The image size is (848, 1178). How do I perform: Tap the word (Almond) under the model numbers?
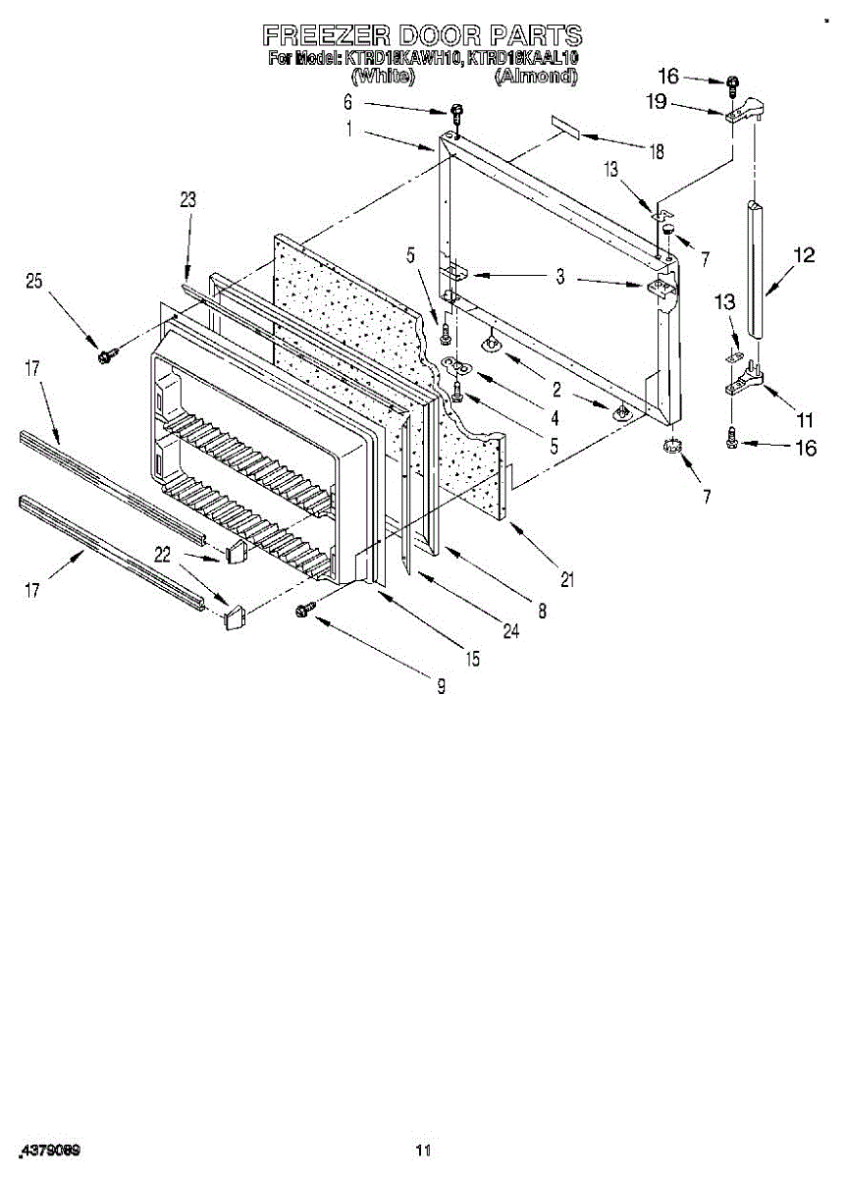(536, 75)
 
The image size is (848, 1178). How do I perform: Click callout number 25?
(34, 282)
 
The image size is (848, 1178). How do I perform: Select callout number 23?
(187, 200)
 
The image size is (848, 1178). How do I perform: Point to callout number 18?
(656, 151)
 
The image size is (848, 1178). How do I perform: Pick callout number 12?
(804, 256)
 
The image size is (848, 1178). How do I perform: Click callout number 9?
(441, 687)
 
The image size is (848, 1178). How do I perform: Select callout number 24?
(510, 632)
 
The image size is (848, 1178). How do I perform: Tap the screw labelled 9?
(303, 611)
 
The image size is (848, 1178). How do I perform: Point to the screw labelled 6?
(455, 111)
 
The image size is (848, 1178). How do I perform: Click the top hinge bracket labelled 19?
(746, 111)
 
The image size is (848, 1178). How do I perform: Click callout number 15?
(473, 660)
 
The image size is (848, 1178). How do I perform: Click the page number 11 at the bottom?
(423, 1150)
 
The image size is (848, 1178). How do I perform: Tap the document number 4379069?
(49, 1149)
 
